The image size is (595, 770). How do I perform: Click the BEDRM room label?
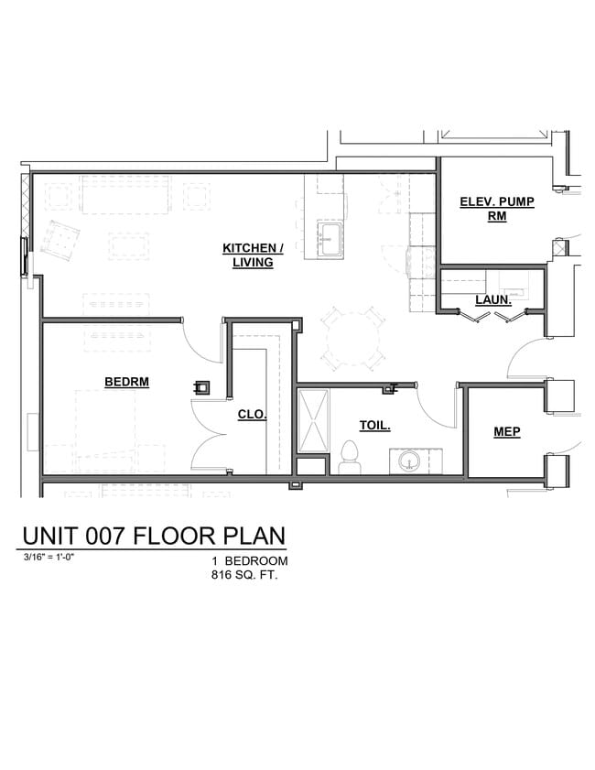(126, 382)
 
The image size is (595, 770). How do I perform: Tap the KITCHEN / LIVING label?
(253, 255)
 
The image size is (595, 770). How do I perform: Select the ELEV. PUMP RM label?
(497, 210)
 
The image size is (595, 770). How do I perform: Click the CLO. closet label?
(252, 414)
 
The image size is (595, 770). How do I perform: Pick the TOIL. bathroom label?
(374, 425)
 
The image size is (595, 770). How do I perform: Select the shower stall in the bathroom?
(312, 420)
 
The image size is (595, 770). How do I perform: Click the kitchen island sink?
(330, 240)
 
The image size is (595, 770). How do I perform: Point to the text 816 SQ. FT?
(244, 577)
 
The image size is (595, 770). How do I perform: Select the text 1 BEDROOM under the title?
(250, 561)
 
